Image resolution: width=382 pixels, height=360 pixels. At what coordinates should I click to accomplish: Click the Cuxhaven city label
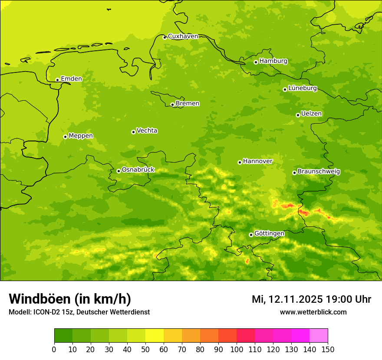183,36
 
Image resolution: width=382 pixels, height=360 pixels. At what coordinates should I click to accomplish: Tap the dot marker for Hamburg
256,62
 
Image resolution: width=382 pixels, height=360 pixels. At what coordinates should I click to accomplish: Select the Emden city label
71,79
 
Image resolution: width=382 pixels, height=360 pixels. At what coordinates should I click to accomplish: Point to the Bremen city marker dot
172,105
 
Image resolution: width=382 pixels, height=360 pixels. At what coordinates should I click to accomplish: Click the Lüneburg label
303,88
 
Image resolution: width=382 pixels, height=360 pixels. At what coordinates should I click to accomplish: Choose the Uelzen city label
311,114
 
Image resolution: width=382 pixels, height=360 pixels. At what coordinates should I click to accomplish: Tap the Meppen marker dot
65,137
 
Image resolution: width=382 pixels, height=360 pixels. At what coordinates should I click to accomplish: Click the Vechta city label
147,131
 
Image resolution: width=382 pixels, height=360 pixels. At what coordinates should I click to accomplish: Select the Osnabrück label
138,170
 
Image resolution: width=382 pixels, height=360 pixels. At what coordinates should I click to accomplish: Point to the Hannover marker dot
240,162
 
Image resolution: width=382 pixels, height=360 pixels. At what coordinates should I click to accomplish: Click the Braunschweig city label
319,171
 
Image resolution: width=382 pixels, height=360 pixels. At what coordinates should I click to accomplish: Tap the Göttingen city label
269,233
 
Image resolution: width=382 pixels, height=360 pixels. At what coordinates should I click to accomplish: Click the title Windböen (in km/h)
70,299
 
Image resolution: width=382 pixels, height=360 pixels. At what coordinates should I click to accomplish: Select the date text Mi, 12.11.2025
287,299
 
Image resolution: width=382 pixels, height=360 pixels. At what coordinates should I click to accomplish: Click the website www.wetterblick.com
313,312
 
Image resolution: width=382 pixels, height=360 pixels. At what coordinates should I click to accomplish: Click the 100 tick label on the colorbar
237,349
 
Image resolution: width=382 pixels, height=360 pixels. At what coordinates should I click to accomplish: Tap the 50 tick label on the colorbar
145,349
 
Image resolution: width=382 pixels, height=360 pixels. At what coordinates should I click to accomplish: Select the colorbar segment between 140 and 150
319,336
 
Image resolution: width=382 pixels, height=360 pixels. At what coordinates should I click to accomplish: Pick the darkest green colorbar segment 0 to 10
63,336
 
